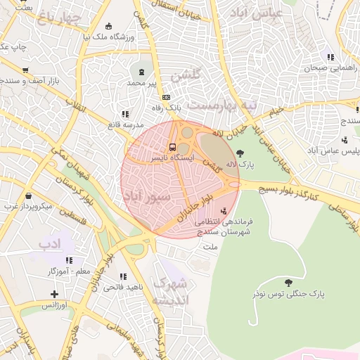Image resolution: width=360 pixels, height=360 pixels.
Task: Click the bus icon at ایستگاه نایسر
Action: coord(172,147)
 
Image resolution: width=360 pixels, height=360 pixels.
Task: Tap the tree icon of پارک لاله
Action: coord(240,153)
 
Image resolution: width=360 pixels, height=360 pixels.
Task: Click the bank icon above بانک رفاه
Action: coord(166,98)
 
